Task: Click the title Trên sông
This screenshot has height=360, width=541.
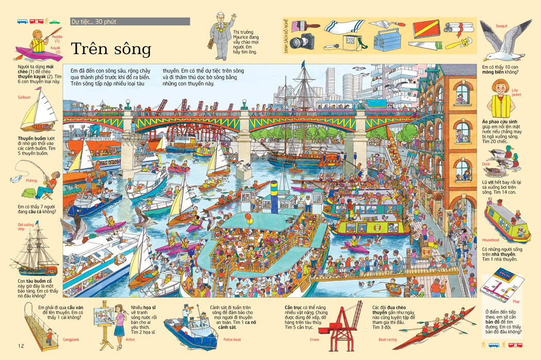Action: pos(111,49)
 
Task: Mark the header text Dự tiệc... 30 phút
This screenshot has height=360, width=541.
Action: pos(95,22)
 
